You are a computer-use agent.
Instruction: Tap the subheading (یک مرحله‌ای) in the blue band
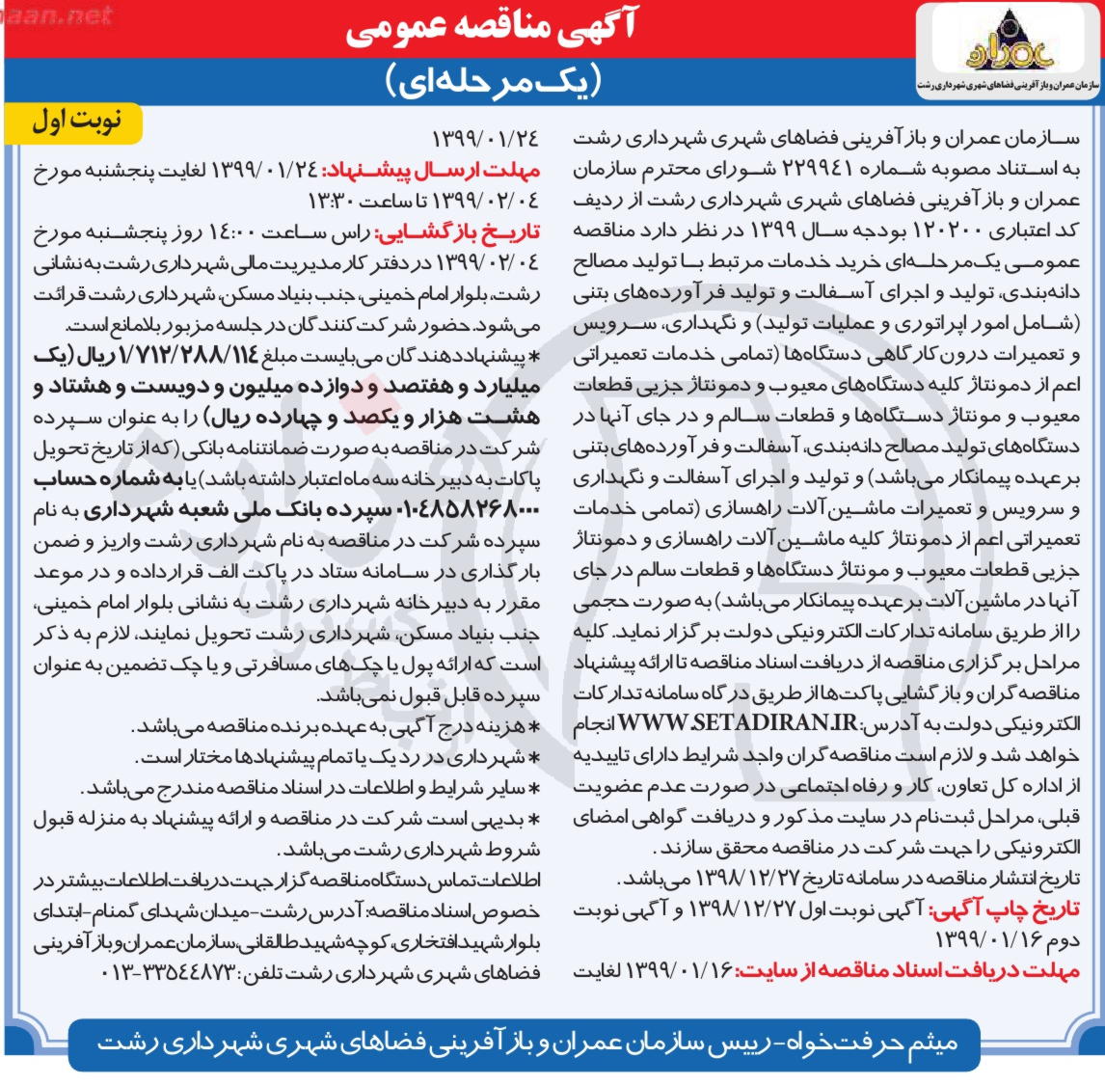point(495,79)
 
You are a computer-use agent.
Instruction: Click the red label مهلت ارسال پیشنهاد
point(430,170)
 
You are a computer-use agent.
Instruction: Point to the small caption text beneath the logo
point(1010,85)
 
